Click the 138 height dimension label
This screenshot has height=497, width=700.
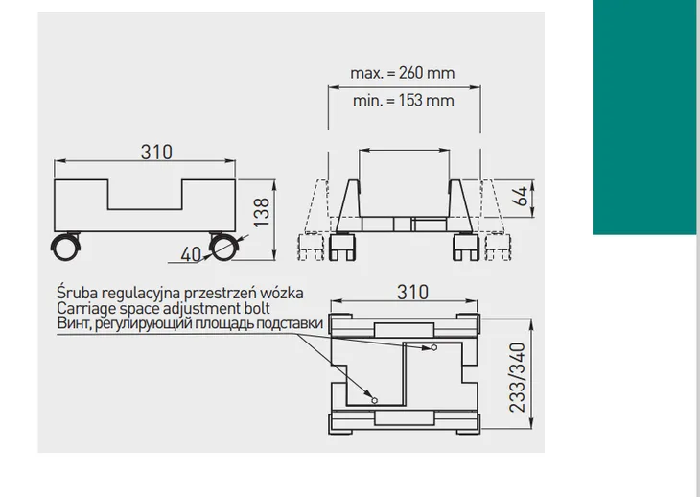click(262, 213)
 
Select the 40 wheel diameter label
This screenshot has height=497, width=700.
click(191, 254)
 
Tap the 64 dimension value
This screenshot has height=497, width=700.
click(519, 197)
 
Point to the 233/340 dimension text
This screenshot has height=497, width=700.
click(518, 377)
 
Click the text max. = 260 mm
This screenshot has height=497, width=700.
click(402, 73)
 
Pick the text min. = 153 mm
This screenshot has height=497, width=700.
click(403, 101)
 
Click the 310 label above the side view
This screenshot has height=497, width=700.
click(156, 153)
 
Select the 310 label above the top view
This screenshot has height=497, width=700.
click(412, 293)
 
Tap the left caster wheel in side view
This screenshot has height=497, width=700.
click(65, 247)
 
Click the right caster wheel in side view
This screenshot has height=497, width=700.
click(223, 247)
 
